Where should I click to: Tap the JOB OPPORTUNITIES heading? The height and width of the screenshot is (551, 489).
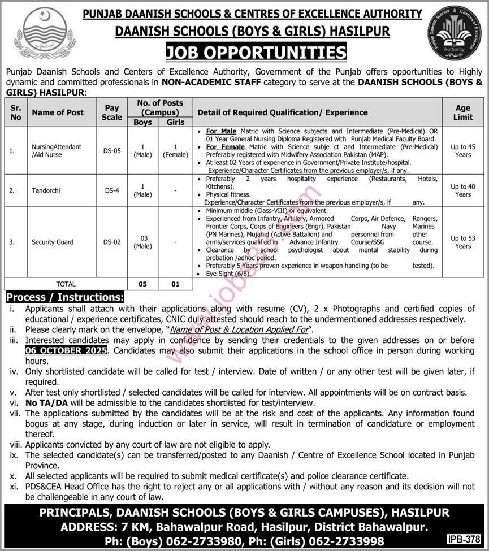click(x=256, y=53)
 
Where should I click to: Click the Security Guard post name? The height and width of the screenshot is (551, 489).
click(x=53, y=242)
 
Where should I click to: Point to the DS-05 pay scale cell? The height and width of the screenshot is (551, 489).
click(x=112, y=151)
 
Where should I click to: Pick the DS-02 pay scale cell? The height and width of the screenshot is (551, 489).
click(x=112, y=242)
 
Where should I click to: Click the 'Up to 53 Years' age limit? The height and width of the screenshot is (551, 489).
click(x=462, y=242)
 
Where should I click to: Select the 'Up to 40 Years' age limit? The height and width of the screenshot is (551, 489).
click(x=462, y=190)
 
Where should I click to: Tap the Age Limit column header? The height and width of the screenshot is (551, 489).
click(x=462, y=112)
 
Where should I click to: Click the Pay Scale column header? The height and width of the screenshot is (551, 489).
click(x=112, y=112)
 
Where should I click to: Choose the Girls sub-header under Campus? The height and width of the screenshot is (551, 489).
click(x=175, y=122)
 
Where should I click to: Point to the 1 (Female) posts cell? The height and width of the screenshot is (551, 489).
click(x=175, y=151)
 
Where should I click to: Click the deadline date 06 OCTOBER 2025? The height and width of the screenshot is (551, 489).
click(x=66, y=350)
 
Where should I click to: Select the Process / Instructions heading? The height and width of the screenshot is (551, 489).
click(x=64, y=297)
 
